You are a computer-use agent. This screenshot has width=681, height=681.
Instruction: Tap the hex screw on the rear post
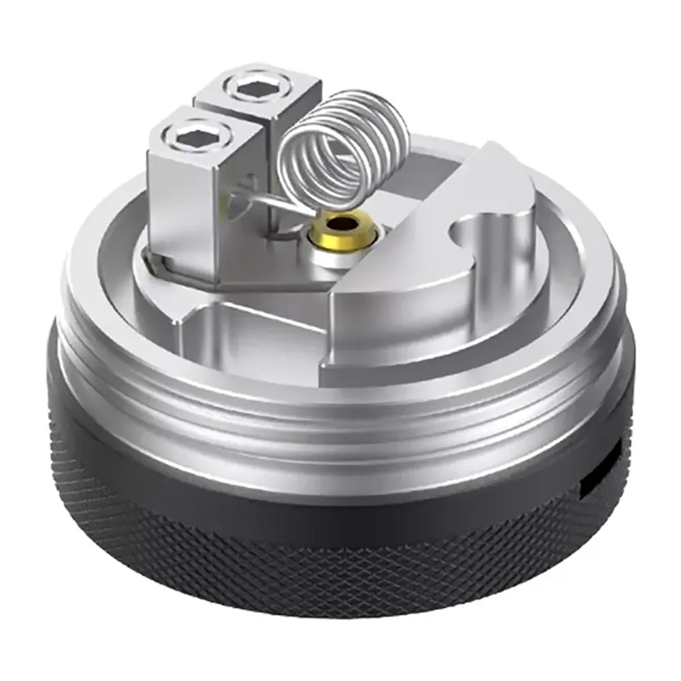(x=249, y=89)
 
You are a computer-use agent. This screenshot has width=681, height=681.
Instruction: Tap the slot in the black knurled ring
(x=603, y=470)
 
